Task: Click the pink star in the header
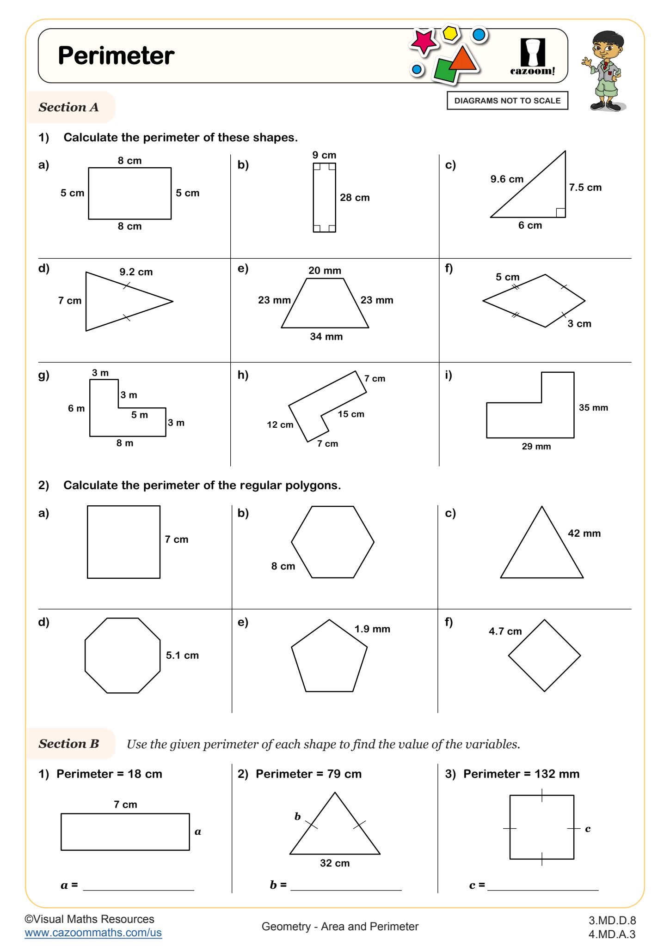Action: [423, 42]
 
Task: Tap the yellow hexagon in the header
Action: [449, 33]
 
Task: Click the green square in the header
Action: [446, 71]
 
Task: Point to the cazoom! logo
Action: [533, 57]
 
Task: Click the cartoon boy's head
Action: [607, 44]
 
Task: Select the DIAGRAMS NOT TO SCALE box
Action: [507, 101]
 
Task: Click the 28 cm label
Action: [355, 198]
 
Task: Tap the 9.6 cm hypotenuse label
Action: [507, 179]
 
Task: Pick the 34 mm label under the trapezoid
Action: [326, 337]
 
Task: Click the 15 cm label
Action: [351, 414]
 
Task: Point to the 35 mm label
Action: [593, 408]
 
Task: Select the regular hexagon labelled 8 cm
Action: [332, 542]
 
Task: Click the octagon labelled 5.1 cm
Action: [123, 655]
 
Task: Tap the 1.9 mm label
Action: [372, 629]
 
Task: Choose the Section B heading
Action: [69, 744]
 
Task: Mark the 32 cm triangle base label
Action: [335, 863]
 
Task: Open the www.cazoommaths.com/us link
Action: [93, 933]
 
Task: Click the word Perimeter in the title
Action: [116, 56]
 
